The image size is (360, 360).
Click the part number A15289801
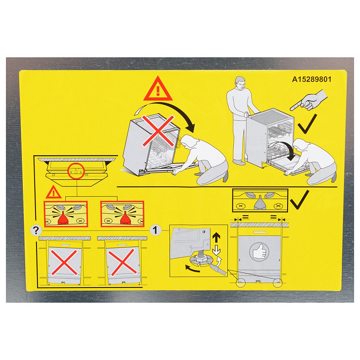click(x=312, y=78)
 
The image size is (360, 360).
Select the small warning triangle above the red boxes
click(x=54, y=193)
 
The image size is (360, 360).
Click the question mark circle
click(x=36, y=230)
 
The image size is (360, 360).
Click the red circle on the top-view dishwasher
click(x=76, y=171)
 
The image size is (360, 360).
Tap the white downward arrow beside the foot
click(x=217, y=250)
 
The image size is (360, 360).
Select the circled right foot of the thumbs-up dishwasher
click(x=277, y=283)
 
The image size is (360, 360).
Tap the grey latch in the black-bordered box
click(x=260, y=202)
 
